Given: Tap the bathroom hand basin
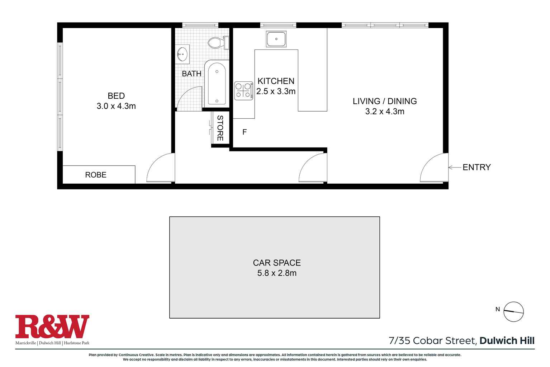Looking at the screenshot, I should click(182, 55).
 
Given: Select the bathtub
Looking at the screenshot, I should click(217, 84).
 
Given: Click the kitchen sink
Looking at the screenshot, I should click(276, 39).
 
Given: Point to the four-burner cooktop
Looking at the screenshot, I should click(243, 90).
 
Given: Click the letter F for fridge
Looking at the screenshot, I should click(245, 132).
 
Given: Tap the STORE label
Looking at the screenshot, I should click(220, 128).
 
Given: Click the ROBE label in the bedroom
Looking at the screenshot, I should click(96, 175).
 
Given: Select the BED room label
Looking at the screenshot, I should click(116, 96).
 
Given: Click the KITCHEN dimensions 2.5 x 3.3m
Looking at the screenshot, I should click(276, 91).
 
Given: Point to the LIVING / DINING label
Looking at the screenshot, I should click(385, 101).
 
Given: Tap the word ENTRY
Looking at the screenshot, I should click(476, 167).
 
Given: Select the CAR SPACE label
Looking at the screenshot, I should click(277, 263).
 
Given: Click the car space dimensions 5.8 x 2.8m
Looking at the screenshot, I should click(277, 273).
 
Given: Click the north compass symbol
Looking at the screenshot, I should click(513, 311).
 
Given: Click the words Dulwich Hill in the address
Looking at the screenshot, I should click(507, 340).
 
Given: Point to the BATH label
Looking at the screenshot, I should click(191, 74).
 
